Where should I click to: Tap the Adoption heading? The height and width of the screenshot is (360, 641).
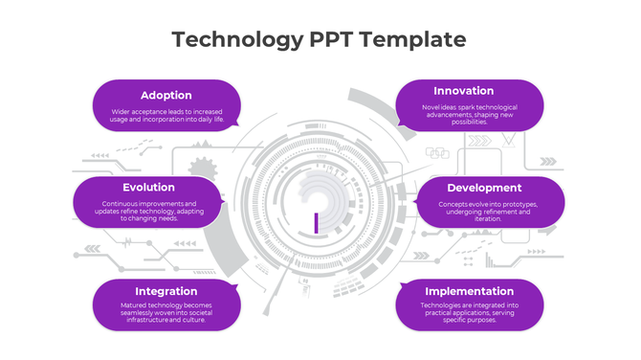(166, 95)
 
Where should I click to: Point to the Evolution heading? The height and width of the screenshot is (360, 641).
(148, 188)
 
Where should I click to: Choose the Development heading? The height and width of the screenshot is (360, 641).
(484, 188)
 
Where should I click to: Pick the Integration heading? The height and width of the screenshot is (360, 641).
(166, 291)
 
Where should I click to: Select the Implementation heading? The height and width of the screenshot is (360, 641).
(470, 291)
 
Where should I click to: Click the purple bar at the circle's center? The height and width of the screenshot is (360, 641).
(315, 222)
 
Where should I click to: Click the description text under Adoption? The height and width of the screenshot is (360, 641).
(166, 116)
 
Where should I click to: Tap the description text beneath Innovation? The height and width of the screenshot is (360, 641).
(470, 114)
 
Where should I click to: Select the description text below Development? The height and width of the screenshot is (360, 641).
(488, 211)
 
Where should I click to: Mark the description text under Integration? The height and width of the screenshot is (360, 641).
(166, 312)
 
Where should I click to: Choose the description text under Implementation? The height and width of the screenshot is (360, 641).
(470, 312)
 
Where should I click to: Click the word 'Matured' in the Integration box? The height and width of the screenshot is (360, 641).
(134, 305)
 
